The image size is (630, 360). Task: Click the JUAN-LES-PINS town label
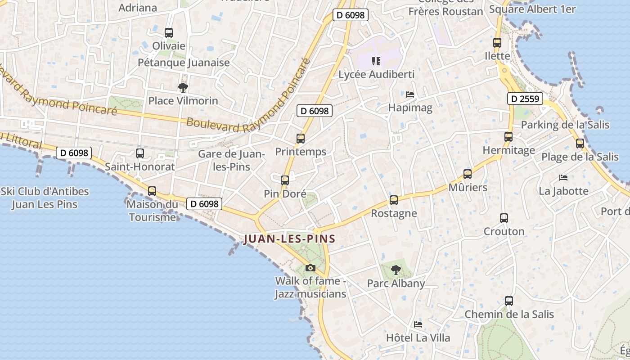290,239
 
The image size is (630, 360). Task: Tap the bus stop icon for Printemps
301,139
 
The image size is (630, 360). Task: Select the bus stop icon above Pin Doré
285,180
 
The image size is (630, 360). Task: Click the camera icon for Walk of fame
310,268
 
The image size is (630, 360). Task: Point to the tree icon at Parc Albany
396,270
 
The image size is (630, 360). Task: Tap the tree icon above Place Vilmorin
183,87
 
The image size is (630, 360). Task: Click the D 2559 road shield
525,99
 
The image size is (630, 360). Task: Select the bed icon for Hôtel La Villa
418,324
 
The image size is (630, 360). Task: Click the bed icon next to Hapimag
410,94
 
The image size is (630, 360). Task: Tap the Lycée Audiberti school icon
376,61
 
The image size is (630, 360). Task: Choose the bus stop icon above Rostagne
394,200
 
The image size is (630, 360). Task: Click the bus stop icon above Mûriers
468,174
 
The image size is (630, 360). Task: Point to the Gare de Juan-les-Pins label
231,160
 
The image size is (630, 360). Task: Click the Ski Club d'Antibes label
45,198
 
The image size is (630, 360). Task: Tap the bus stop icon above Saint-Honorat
140,153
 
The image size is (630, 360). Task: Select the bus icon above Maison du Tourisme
152,191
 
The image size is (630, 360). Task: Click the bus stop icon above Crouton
504,218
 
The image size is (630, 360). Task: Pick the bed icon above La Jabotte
563,178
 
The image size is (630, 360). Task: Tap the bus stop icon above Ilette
497,43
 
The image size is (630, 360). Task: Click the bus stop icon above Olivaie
169,33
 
